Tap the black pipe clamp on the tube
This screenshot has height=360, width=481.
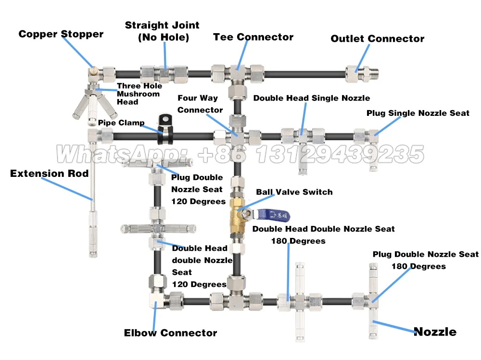(x=165, y=129)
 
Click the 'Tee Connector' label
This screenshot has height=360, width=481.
(x=253, y=37)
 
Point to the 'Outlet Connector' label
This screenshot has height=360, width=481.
(x=377, y=38)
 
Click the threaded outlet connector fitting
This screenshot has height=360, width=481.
(x=362, y=74)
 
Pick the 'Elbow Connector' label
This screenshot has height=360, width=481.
(x=170, y=333)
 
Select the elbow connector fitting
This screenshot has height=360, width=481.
(x=157, y=300)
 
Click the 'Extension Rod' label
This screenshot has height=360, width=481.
(x=49, y=174)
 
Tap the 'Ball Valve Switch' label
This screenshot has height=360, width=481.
(x=294, y=192)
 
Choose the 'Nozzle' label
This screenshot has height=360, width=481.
(x=435, y=332)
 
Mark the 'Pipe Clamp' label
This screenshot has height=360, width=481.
(x=121, y=123)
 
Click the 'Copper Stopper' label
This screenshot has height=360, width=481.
(x=61, y=34)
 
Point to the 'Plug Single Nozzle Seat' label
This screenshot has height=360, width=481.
(x=418, y=113)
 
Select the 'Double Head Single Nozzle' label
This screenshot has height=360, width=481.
(x=311, y=98)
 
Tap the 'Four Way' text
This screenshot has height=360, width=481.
(x=198, y=98)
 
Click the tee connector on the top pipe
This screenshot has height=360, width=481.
(x=238, y=74)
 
